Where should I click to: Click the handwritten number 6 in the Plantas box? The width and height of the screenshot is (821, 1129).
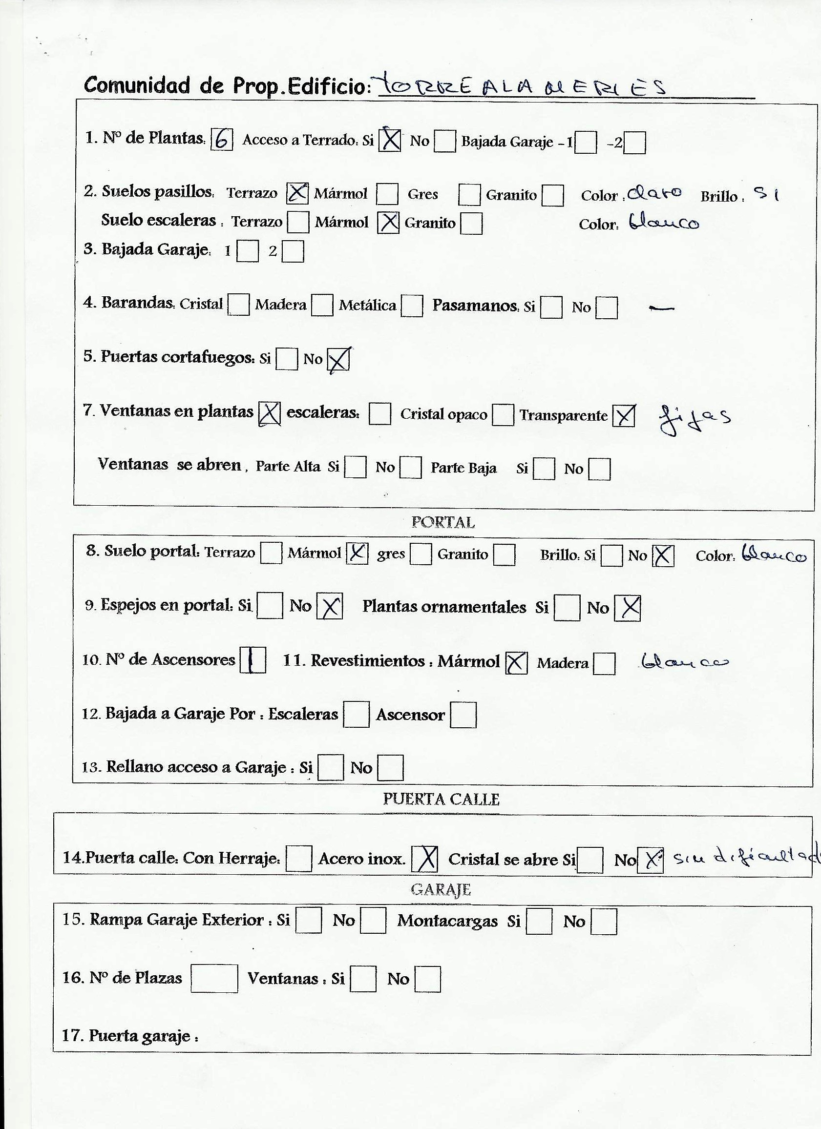pyautogui.click(x=222, y=140)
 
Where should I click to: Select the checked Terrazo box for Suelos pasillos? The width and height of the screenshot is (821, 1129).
pyautogui.click(x=297, y=193)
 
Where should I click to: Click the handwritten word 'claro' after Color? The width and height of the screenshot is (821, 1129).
pyautogui.click(x=654, y=193)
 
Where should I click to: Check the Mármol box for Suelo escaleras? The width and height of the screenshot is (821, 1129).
pyautogui.click(x=388, y=223)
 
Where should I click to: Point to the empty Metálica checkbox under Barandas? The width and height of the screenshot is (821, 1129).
pyautogui.click(x=412, y=306)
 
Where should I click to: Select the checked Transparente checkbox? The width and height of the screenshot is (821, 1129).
pyautogui.click(x=624, y=416)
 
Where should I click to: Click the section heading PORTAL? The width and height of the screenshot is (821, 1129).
pyautogui.click(x=443, y=522)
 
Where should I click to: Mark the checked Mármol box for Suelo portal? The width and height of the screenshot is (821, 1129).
pyautogui.click(x=357, y=553)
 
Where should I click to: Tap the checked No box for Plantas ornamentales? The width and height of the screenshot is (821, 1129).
pyautogui.click(x=627, y=608)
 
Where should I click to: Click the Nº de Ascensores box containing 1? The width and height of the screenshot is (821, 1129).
pyautogui.click(x=253, y=660)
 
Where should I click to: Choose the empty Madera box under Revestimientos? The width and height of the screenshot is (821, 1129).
pyautogui.click(x=604, y=663)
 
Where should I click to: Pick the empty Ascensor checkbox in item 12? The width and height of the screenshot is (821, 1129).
pyautogui.click(x=463, y=715)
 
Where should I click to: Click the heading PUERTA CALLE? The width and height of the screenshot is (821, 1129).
pyautogui.click(x=441, y=799)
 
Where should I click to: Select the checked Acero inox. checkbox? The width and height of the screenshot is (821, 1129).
pyautogui.click(x=424, y=859)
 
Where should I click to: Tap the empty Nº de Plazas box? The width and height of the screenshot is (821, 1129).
pyautogui.click(x=214, y=979)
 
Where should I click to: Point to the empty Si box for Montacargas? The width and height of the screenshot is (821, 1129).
pyautogui.click(x=539, y=922)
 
